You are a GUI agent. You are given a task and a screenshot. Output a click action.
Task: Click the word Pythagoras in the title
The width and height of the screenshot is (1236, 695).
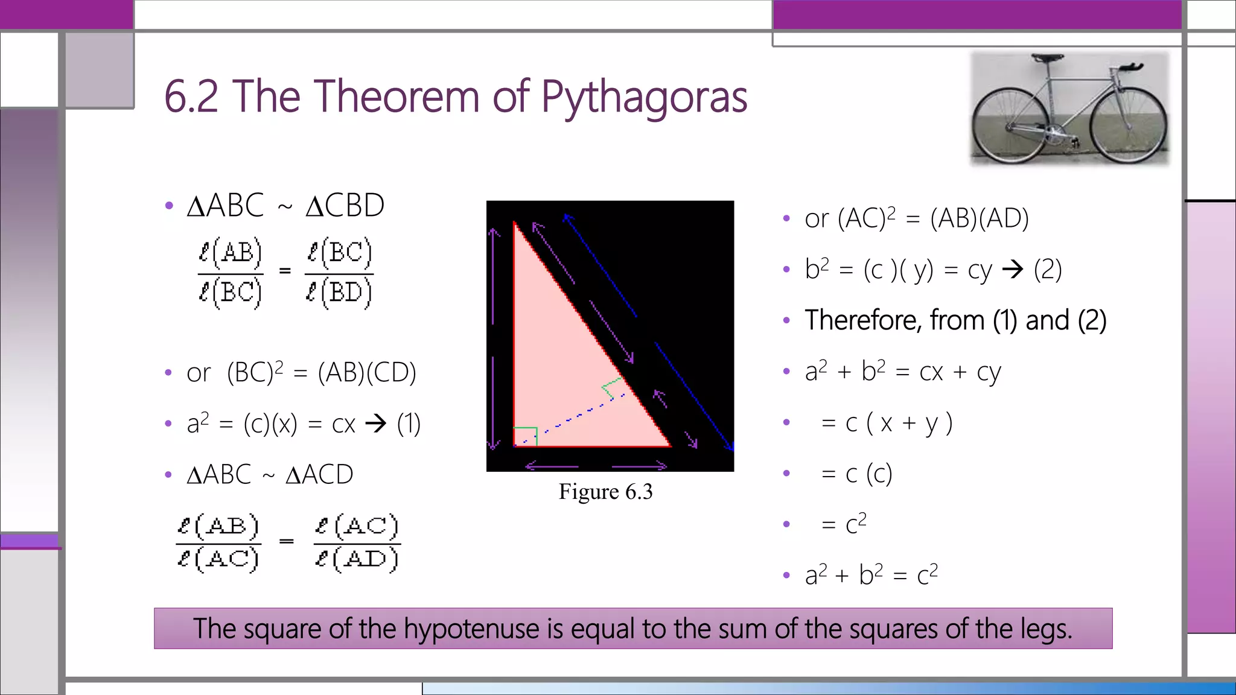[644, 98]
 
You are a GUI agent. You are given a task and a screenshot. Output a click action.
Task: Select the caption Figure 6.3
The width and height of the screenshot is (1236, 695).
[605, 492]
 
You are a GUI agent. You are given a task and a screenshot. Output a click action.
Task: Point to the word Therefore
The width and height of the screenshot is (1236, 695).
[863, 320]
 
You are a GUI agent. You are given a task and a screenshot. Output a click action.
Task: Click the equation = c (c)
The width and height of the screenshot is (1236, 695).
[857, 474]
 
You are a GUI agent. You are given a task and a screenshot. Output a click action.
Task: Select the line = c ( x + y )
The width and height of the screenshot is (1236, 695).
[887, 423]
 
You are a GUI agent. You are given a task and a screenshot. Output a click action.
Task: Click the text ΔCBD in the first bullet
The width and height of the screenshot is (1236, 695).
[345, 206]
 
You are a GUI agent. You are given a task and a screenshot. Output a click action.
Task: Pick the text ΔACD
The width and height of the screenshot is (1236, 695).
[319, 475]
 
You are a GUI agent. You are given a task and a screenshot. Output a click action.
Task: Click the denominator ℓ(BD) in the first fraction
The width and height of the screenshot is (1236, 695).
[339, 293]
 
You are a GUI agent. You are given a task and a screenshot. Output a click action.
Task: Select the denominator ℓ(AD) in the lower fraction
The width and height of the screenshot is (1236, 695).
[357, 559]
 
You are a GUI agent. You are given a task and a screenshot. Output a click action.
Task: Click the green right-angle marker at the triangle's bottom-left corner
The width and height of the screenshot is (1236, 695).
[525, 436]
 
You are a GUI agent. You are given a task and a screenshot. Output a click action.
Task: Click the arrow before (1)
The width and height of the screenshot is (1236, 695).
[375, 424]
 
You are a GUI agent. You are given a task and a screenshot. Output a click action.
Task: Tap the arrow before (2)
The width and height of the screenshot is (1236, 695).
[1013, 269]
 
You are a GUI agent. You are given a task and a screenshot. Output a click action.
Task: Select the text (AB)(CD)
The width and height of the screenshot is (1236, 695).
[367, 373]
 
